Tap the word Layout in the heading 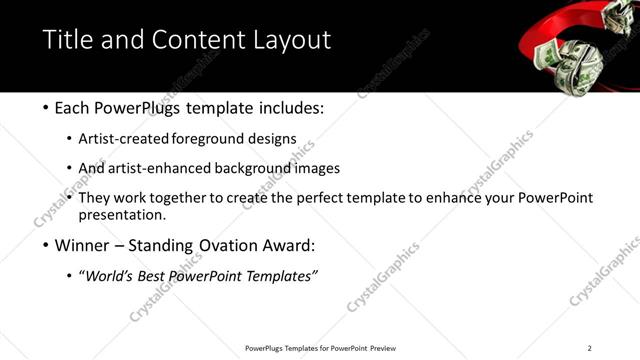291,40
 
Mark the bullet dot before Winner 49,245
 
